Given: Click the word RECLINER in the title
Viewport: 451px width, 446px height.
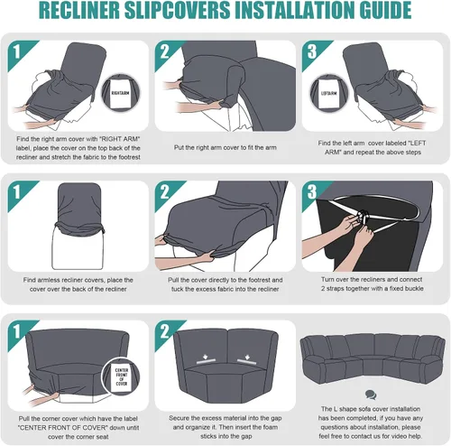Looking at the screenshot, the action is pyautogui.click(x=79, y=11).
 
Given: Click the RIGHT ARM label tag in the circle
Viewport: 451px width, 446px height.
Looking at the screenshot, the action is pyautogui.click(x=120, y=93).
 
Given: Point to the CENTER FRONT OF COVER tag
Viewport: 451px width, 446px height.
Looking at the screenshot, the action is pyautogui.click(x=122, y=377).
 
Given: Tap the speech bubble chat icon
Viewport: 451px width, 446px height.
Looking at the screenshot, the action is pyautogui.click(x=371, y=395).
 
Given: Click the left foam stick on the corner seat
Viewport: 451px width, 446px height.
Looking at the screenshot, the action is pyautogui.click(x=207, y=361).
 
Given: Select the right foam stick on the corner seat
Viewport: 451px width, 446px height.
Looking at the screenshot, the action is pyautogui.click(x=246, y=361).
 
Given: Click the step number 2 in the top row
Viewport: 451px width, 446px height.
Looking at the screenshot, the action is pyautogui.click(x=164, y=51).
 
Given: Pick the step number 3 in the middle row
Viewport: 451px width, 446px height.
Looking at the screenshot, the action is pyautogui.click(x=312, y=191).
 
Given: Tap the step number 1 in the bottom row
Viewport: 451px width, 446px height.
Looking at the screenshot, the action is pyautogui.click(x=17, y=331).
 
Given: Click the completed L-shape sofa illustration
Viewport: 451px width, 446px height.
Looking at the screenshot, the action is pyautogui.click(x=373, y=358).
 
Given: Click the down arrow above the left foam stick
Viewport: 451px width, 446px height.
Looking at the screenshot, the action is pyautogui.click(x=206, y=357).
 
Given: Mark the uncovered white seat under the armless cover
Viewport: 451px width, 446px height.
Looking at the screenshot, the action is pyautogui.click(x=78, y=251).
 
